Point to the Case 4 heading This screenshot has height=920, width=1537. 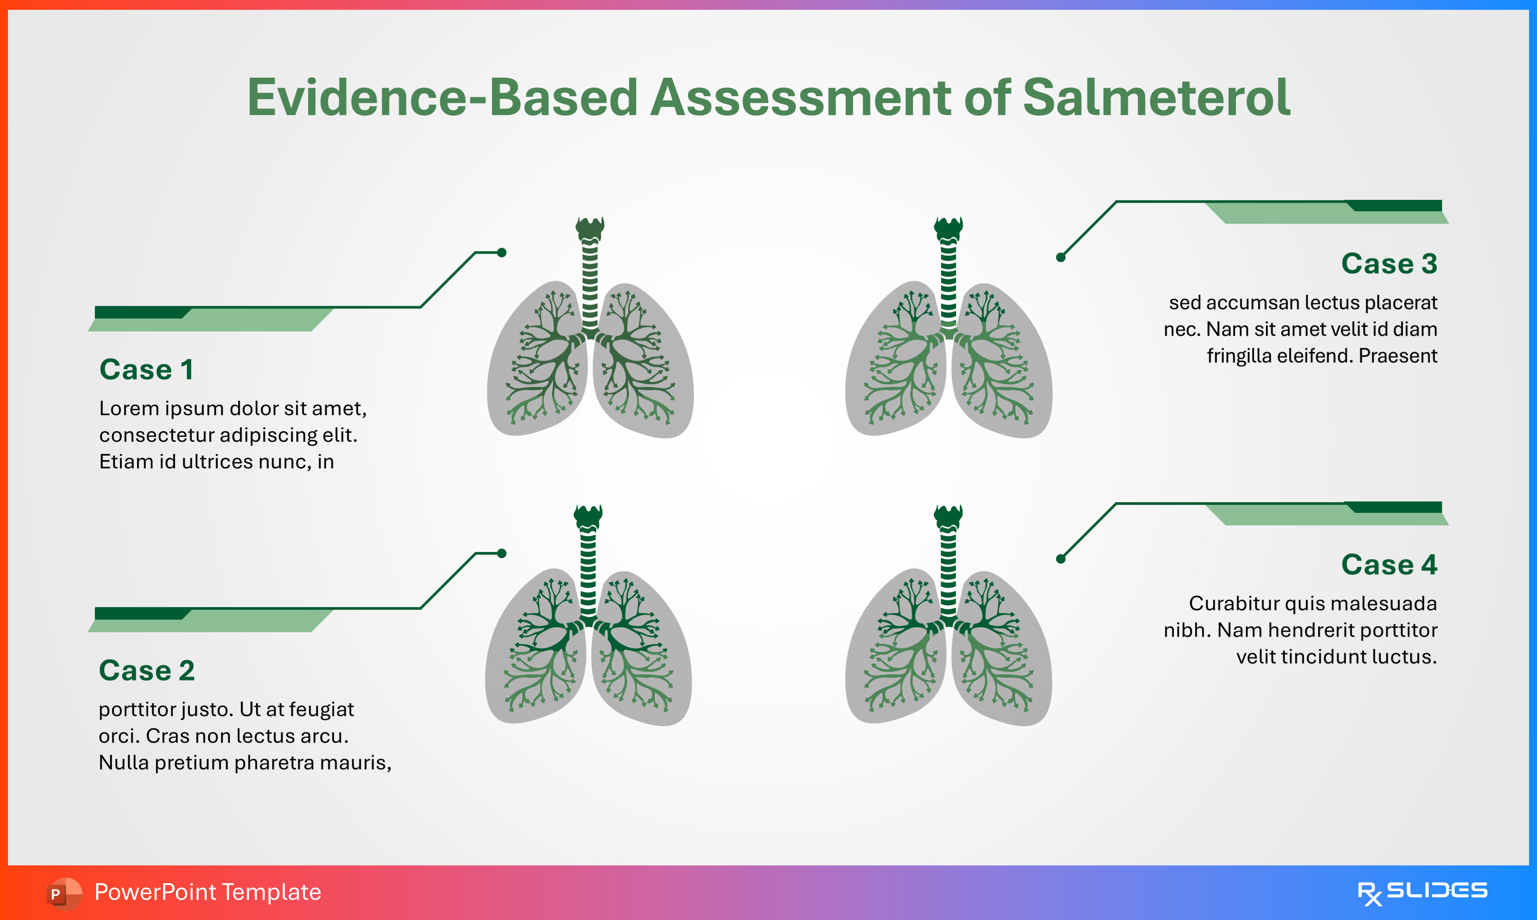[1389, 565]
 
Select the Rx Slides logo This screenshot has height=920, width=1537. [1422, 892]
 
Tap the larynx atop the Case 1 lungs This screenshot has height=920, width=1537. [589, 228]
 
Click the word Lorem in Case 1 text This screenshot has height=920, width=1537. [126, 409]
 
